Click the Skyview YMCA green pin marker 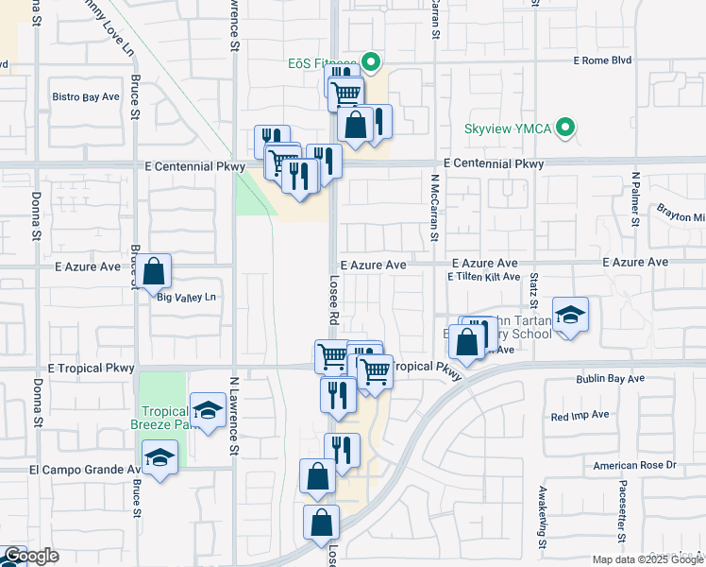pyautogui.click(x=566, y=127)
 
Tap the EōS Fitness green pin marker pyautogui.click(x=371, y=64)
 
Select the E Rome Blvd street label pyautogui.click(x=602, y=61)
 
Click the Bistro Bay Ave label pyautogui.click(x=86, y=96)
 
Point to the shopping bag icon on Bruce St pyautogui.click(x=154, y=273)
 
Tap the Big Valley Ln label pyautogui.click(x=187, y=298)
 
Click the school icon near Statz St pyautogui.click(x=570, y=316)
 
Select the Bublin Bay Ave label pyautogui.click(x=610, y=379)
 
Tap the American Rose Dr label pyautogui.click(x=635, y=465)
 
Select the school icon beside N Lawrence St pyautogui.click(x=208, y=411)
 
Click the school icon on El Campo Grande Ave pyautogui.click(x=160, y=459)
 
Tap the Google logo pyautogui.click(x=31, y=556)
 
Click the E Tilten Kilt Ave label pyautogui.click(x=485, y=277)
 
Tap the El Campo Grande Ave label pyautogui.click(x=85, y=469)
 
